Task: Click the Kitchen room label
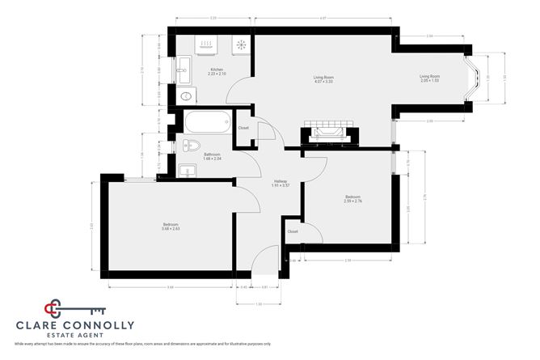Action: tap(217, 72)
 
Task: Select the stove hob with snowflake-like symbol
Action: tap(241, 45)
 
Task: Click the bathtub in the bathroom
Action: tap(207, 124)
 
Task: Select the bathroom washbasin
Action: tap(186, 170)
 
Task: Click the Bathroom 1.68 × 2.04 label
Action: tap(212, 156)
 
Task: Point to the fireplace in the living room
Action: tap(328, 133)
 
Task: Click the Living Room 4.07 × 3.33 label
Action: tap(323, 79)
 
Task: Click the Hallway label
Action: tap(280, 183)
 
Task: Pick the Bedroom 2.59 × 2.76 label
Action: tap(353, 198)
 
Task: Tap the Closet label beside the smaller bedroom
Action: tap(293, 232)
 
